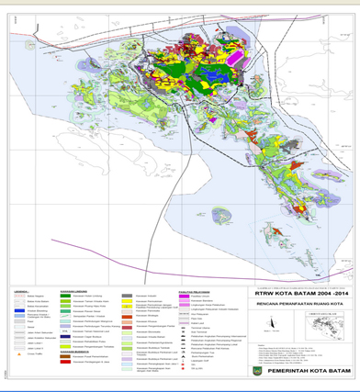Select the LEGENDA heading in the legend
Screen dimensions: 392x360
[20, 293]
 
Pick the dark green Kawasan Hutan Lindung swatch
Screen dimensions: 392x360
[65, 299]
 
